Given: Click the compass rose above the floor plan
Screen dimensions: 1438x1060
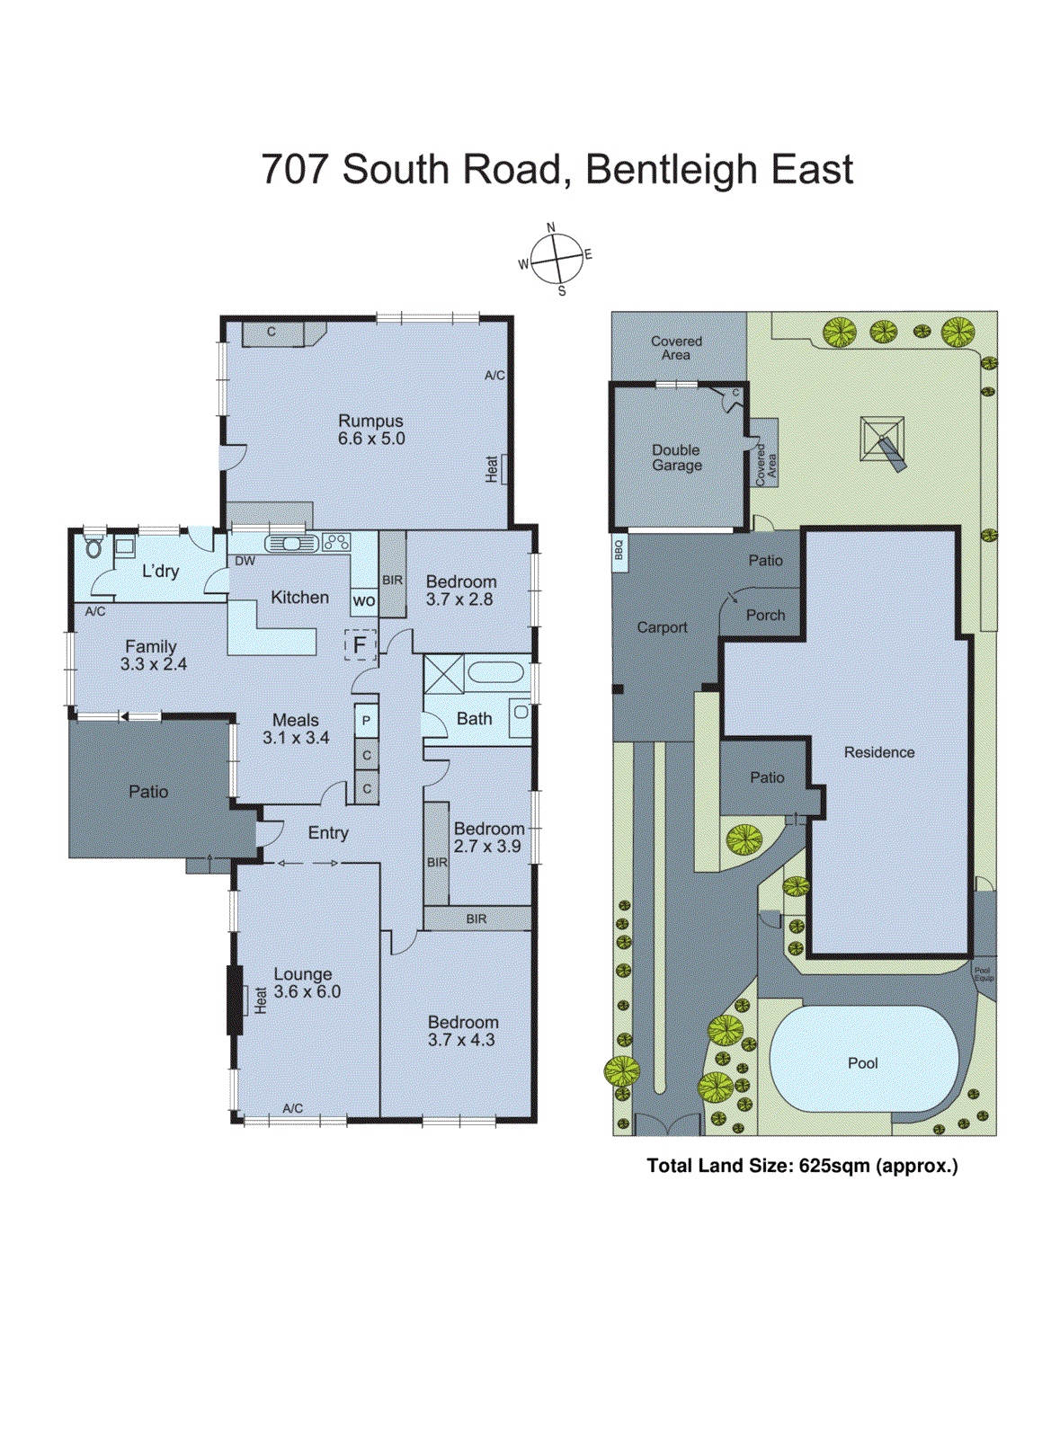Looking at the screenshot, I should [x=557, y=260].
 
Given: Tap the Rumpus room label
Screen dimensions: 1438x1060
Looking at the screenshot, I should [x=370, y=430].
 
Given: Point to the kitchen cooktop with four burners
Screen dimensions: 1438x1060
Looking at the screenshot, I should [x=336, y=542].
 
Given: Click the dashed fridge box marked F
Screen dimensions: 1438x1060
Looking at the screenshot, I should [x=360, y=644].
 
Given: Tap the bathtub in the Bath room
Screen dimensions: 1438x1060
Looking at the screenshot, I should [x=495, y=673].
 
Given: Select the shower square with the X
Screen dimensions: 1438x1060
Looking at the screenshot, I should [x=443, y=674].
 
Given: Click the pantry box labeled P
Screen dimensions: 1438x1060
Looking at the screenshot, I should [x=366, y=721].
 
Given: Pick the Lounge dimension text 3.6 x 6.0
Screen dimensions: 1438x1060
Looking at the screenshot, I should [x=307, y=991].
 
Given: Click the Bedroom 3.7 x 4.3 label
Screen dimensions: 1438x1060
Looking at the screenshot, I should [x=462, y=1031].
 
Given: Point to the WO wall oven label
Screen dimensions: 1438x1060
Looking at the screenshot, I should [x=363, y=600].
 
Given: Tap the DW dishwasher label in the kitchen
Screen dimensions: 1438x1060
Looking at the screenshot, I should [x=245, y=561].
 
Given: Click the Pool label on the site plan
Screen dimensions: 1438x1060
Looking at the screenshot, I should [x=862, y=1063].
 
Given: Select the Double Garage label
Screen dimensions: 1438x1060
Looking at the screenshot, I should [x=677, y=457].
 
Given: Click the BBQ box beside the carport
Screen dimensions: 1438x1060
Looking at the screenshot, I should [x=619, y=549].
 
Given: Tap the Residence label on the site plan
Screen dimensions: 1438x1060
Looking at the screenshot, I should [x=878, y=752].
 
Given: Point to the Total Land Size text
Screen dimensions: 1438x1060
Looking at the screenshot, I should [x=802, y=1166].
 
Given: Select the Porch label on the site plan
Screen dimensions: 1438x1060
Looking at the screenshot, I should [x=765, y=616].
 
